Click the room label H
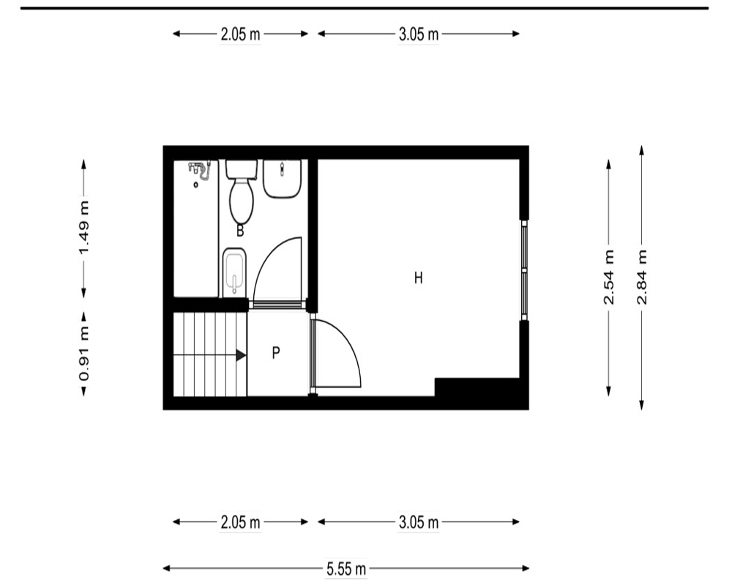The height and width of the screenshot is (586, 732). (418, 278)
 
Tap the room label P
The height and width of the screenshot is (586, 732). (276, 352)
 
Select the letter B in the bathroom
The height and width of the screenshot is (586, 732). (240, 231)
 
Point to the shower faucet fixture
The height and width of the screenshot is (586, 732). (200, 170)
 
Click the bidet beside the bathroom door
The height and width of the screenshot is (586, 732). (234, 272)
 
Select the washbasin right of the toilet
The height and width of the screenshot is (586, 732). (282, 179)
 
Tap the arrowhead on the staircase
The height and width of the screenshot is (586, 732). (241, 355)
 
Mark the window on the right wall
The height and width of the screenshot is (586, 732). (524, 270)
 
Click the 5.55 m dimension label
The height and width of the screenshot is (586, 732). (346, 569)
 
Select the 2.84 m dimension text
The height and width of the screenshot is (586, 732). (643, 278)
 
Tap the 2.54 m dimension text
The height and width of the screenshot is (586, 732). (609, 278)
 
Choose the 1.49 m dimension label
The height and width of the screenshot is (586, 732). (84, 228)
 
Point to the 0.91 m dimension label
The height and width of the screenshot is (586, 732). (84, 355)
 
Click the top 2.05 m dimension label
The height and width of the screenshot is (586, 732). (240, 34)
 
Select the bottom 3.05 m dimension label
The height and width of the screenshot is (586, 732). (419, 522)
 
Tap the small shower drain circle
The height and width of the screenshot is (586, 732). (196, 185)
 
